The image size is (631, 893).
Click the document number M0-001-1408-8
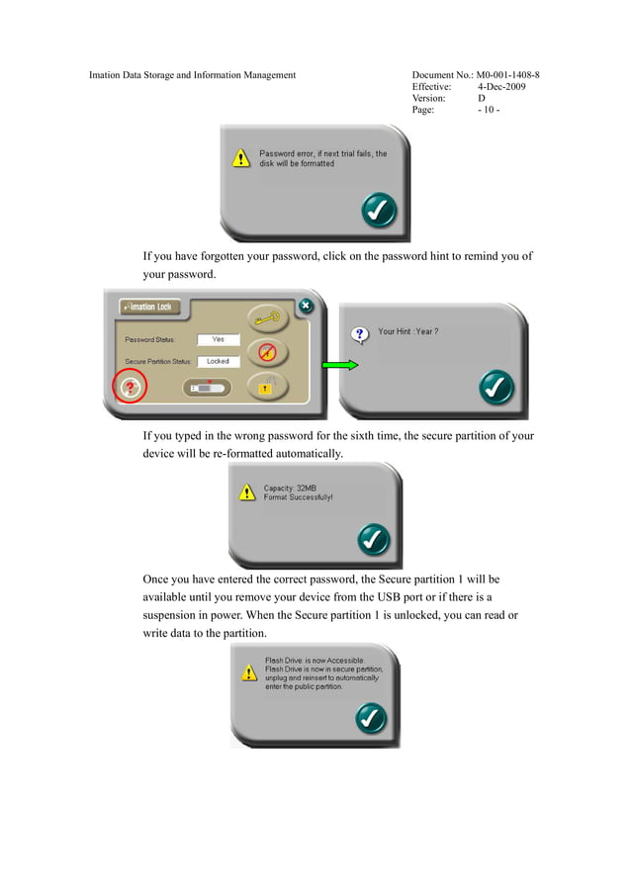click(x=507, y=74)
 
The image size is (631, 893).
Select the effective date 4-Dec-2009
click(x=501, y=87)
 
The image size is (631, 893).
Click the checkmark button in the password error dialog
click(x=379, y=211)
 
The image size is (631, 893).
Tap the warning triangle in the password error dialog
click(x=241, y=158)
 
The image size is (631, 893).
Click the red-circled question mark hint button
click(x=130, y=388)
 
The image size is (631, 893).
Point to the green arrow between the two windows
click(x=340, y=365)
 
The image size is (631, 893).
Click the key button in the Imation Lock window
click(x=268, y=318)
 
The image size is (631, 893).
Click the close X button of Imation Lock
click(x=306, y=306)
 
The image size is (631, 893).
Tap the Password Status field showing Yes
click(x=219, y=339)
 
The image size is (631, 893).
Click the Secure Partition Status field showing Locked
click(x=219, y=362)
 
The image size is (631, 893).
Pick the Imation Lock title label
click(x=149, y=307)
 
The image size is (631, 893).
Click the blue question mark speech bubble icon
click(x=359, y=335)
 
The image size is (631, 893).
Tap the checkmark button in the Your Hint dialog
click(x=496, y=388)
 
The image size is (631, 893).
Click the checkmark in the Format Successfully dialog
click(x=374, y=539)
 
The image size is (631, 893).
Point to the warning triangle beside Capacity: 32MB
click(x=247, y=492)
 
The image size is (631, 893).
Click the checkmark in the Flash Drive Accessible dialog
click(x=371, y=718)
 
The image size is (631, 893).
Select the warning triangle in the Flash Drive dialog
click(x=249, y=672)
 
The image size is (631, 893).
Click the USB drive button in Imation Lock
click(x=208, y=388)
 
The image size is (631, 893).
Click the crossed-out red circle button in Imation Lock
click(x=268, y=352)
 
